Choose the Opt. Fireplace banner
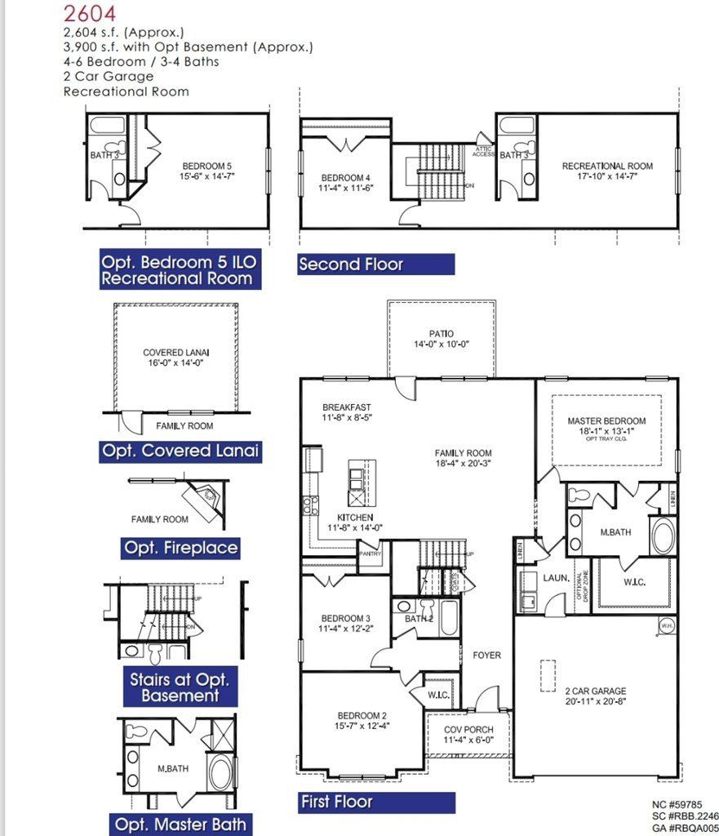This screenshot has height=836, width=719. coord(181,548)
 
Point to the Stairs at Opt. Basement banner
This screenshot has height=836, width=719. coord(180,687)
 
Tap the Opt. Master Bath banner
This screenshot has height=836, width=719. coord(180,824)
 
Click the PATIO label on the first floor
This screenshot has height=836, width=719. coord(441,334)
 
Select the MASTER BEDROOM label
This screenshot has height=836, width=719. coord(606,421)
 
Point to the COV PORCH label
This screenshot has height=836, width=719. coord(465,730)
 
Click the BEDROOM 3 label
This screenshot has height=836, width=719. coord(344,617)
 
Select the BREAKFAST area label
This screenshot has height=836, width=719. coord(346,407)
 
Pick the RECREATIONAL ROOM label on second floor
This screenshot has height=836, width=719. coord(607,167)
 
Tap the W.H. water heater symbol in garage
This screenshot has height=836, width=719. coord(665,627)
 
